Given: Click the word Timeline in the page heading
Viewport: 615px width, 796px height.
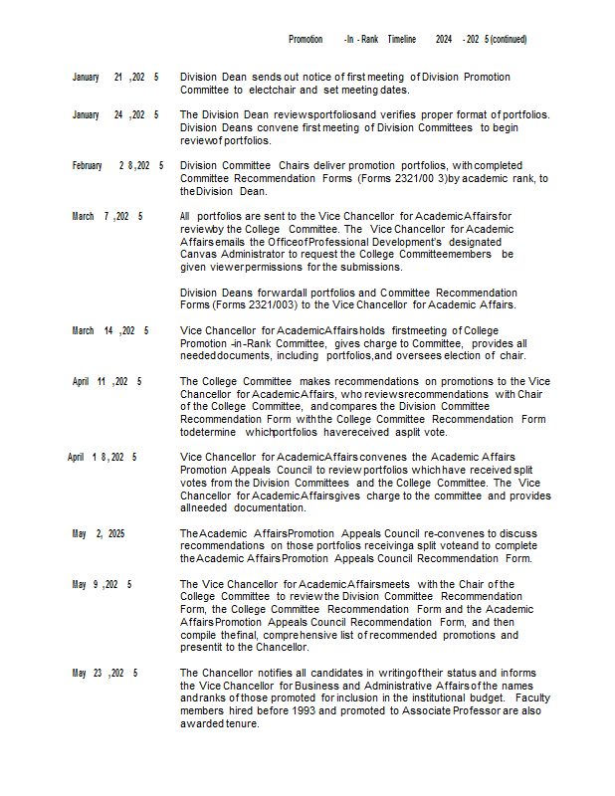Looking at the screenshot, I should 401,39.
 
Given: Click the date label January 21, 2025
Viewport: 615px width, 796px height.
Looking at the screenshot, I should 115,77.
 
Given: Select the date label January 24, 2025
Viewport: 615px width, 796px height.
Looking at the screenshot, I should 115,114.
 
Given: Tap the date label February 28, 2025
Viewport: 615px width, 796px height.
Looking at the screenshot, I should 117,165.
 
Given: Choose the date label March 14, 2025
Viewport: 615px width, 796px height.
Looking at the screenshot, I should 109,330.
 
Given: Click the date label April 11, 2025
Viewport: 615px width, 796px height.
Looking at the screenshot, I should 106,381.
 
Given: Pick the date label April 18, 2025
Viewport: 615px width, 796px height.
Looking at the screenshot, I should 102,457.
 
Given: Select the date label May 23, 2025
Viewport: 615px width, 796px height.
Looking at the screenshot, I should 104,673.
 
